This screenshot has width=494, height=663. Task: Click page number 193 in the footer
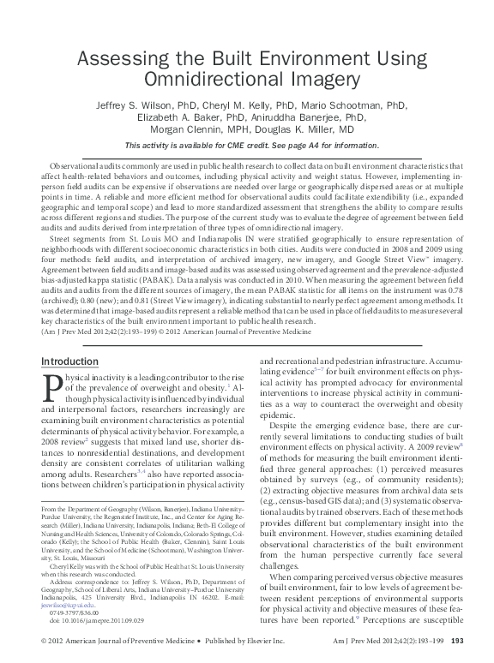click(x=456, y=642)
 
